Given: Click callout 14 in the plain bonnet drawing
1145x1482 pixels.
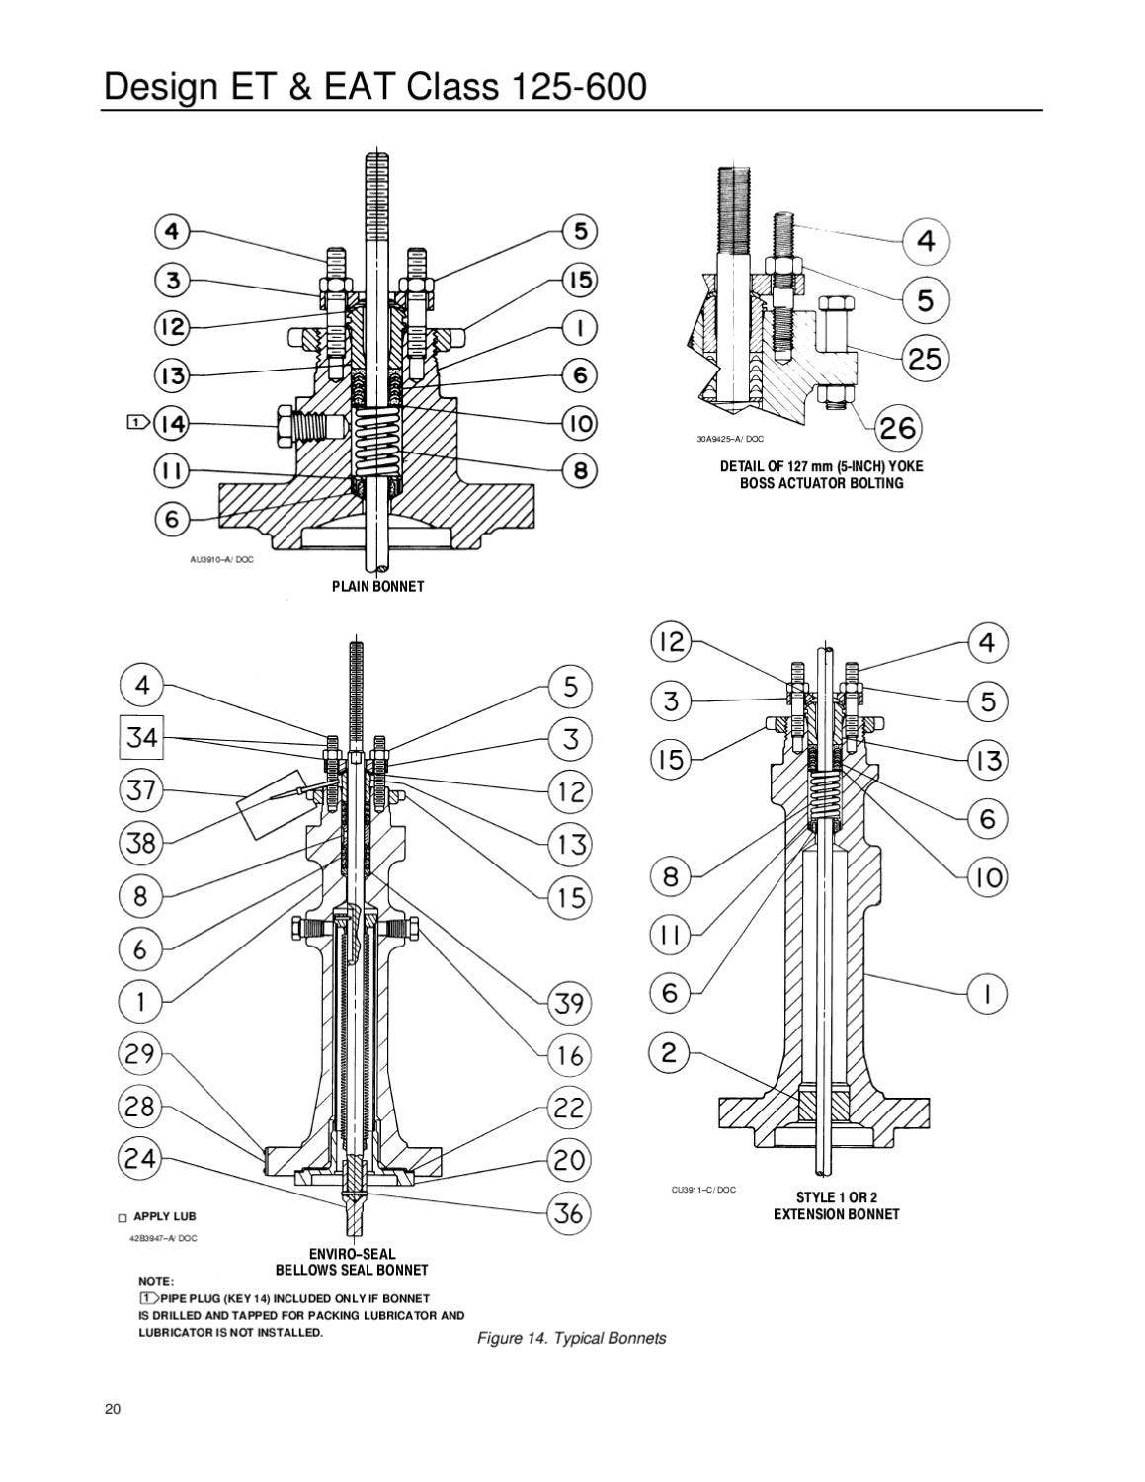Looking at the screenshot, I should (173, 424).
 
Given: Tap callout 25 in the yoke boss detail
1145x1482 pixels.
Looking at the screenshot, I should (925, 358).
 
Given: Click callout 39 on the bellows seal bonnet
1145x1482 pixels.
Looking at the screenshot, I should (570, 1003).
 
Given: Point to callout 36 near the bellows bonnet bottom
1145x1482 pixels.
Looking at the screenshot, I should (570, 1212).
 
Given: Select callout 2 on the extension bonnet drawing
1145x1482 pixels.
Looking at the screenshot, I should (670, 1053).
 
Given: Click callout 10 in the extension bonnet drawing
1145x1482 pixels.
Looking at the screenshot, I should (986, 877).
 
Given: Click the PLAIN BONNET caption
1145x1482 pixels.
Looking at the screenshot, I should (377, 586).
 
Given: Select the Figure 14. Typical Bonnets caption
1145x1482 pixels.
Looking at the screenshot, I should (571, 1338).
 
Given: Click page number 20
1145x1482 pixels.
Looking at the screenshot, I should (112, 1409).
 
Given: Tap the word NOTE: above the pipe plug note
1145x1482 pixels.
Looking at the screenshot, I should (156, 1281).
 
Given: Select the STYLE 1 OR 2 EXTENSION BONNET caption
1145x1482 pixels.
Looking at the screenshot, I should (836, 1205).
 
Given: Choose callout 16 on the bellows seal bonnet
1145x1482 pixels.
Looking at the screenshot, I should (570, 1054).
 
